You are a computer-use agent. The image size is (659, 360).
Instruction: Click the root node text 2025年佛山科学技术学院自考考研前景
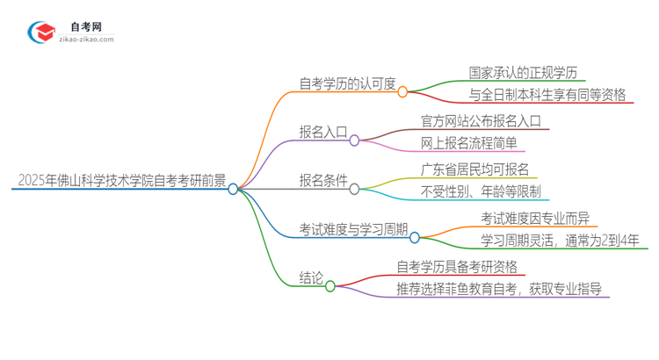120,181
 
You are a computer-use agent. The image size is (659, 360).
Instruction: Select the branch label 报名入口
323,132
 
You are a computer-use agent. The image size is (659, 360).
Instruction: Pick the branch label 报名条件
323,181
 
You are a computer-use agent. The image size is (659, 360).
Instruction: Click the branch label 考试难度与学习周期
353,229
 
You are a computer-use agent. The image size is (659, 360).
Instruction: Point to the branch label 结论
312,278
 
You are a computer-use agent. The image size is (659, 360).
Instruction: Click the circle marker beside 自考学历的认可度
402,91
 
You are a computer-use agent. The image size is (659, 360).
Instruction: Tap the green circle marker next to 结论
330,286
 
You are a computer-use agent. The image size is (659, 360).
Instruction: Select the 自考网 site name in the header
86,27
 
